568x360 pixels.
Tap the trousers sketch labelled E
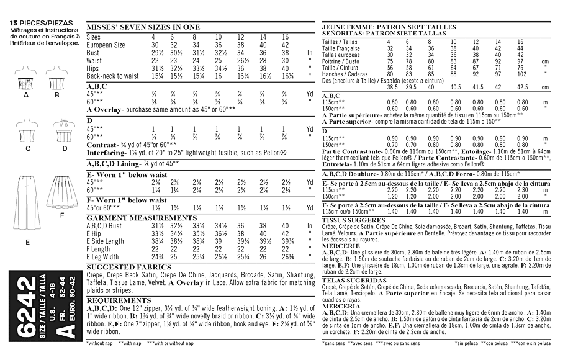click(27, 199)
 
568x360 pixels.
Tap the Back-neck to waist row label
click(111, 74)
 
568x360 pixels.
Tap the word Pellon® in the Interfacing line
click(273, 151)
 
